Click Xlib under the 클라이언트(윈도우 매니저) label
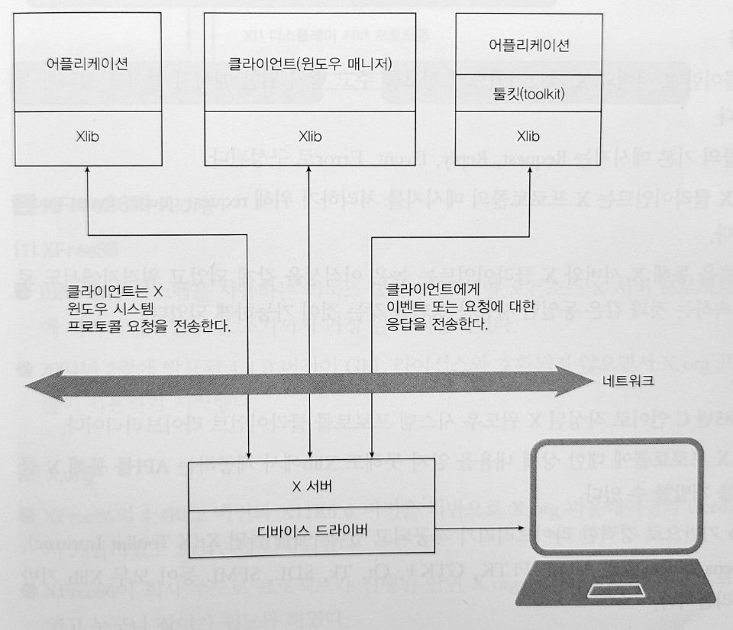click(310, 137)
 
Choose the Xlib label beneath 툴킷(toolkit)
click(528, 137)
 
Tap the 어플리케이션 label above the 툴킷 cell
click(529, 45)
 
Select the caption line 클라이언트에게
click(432, 290)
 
